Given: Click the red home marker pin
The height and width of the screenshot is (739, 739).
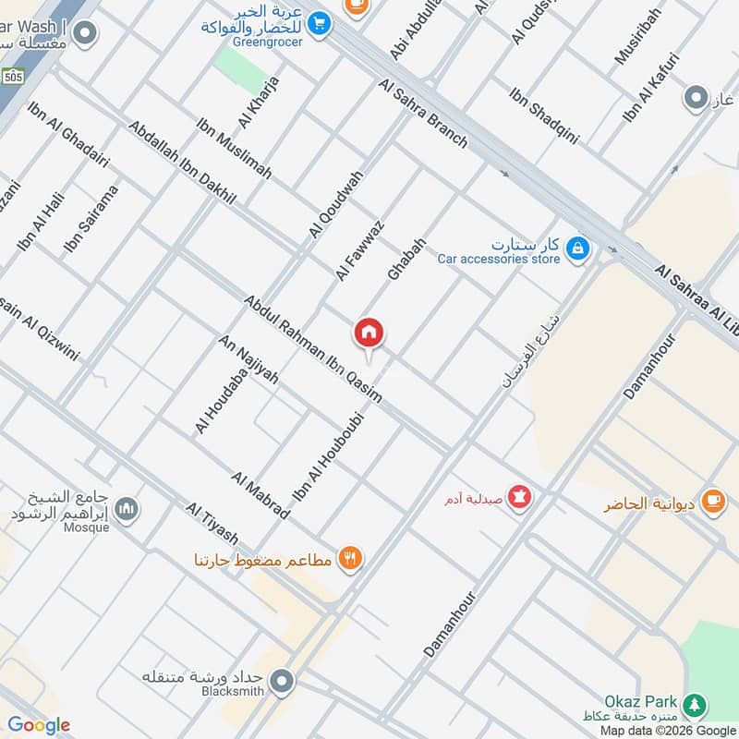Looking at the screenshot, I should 369,333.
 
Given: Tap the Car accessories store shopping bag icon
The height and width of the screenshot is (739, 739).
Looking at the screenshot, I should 577,248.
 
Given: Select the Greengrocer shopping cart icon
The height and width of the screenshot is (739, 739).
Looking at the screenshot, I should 320,22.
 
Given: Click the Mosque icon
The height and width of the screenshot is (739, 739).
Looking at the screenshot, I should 127,508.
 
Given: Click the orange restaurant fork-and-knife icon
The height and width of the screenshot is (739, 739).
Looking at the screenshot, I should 350,558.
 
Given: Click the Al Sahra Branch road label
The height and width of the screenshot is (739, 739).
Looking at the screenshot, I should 423,114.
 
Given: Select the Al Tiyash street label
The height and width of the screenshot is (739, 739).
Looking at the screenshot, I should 212,524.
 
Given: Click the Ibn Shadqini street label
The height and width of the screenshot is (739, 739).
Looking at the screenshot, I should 543,115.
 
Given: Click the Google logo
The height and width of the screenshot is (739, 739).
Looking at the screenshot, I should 39,725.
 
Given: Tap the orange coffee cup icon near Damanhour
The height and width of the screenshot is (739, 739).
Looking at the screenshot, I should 712,500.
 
